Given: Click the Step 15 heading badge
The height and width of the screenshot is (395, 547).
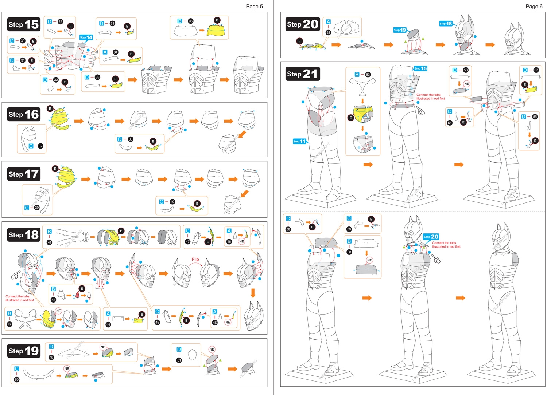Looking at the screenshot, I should (x=24, y=24).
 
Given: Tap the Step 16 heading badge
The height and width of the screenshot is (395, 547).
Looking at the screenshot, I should (x=24, y=114).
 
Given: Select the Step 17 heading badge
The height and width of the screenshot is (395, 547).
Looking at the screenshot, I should (x=24, y=174).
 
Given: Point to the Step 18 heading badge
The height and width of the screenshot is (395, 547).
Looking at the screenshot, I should (x=24, y=235).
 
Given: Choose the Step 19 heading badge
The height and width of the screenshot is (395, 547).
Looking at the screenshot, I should (x=24, y=351).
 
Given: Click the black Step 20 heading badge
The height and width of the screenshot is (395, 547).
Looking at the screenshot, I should (x=303, y=24).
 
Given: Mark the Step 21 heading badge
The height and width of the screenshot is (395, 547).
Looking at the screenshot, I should (x=303, y=74).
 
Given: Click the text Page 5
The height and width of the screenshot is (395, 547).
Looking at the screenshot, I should (x=254, y=6).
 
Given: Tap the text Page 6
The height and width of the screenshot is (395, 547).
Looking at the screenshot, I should (x=534, y=6).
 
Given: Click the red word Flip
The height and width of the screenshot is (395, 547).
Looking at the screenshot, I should (x=195, y=260).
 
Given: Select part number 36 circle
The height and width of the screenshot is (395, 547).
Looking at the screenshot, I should (x=191, y=21).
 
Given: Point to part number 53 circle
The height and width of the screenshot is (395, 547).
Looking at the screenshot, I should (x=368, y=74).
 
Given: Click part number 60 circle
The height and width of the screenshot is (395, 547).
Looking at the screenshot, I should (x=349, y=252).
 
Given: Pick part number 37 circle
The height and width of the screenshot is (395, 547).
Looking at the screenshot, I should (x=40, y=146).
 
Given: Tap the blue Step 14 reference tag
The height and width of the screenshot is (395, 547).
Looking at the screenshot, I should (x=86, y=37).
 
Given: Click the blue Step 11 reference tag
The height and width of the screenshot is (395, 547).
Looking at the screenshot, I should (x=299, y=141).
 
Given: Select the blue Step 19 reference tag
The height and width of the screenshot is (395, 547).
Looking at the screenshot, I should (x=400, y=30).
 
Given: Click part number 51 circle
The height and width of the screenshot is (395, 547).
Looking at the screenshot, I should (x=179, y=360).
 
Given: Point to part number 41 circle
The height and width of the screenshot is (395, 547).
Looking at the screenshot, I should (x=49, y=242).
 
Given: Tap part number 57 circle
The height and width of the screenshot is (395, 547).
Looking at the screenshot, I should (x=536, y=70).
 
